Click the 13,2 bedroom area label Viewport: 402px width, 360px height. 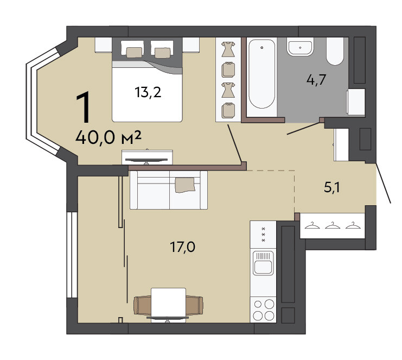click(x=148, y=92)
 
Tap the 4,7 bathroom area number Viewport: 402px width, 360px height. click(x=316, y=80)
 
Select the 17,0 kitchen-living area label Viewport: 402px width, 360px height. click(x=182, y=247)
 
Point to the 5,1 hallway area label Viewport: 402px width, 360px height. click(x=332, y=188)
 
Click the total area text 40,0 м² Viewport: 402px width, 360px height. click(x=109, y=138)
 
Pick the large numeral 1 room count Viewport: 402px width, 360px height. click(x=84, y=108)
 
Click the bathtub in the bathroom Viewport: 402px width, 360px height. click(x=262, y=74)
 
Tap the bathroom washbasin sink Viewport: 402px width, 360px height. click(x=300, y=47)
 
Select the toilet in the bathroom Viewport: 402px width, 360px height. click(x=335, y=51)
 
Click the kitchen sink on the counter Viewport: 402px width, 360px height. click(x=263, y=263)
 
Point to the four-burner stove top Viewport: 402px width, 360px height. click(x=263, y=310)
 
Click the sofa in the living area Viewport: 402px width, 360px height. click(x=169, y=190)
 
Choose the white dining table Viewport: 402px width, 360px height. click(x=168, y=304)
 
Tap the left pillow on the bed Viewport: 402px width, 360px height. click(x=135, y=52)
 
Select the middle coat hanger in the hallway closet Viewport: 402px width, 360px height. click(x=333, y=225)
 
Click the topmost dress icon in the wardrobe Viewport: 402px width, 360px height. click(x=228, y=49)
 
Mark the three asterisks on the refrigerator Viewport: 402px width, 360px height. click(x=263, y=235)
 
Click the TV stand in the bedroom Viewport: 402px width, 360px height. click(x=147, y=157)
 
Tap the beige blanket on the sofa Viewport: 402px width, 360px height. click(x=185, y=185)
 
